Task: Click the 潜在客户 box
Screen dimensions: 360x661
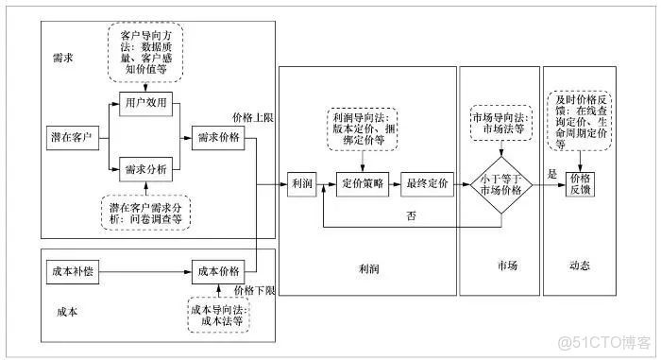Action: pos(73,137)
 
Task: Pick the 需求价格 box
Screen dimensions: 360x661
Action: pos(216,137)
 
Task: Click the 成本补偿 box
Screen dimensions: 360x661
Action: pos(71,272)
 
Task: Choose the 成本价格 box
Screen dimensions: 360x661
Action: pos(218,272)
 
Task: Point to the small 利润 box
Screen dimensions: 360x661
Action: pos(302,183)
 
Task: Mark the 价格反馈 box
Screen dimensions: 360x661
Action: pos(581,183)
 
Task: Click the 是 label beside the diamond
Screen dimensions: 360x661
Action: pos(552,174)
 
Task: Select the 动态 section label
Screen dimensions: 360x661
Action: pos(580,266)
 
